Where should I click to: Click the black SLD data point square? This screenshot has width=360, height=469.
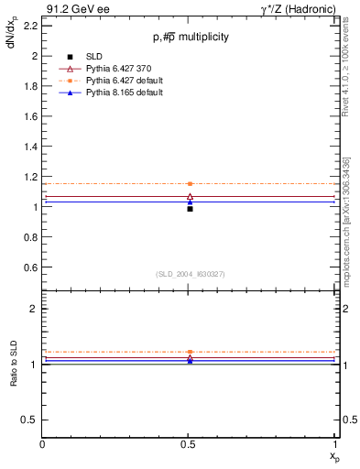[190, 209]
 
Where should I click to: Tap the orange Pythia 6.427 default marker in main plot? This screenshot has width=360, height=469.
[190, 184]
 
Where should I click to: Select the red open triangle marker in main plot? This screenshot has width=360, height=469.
[190, 196]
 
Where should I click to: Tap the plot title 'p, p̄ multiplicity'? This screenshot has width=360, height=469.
[190, 38]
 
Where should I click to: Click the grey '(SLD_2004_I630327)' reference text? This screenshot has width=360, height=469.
[190, 274]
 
